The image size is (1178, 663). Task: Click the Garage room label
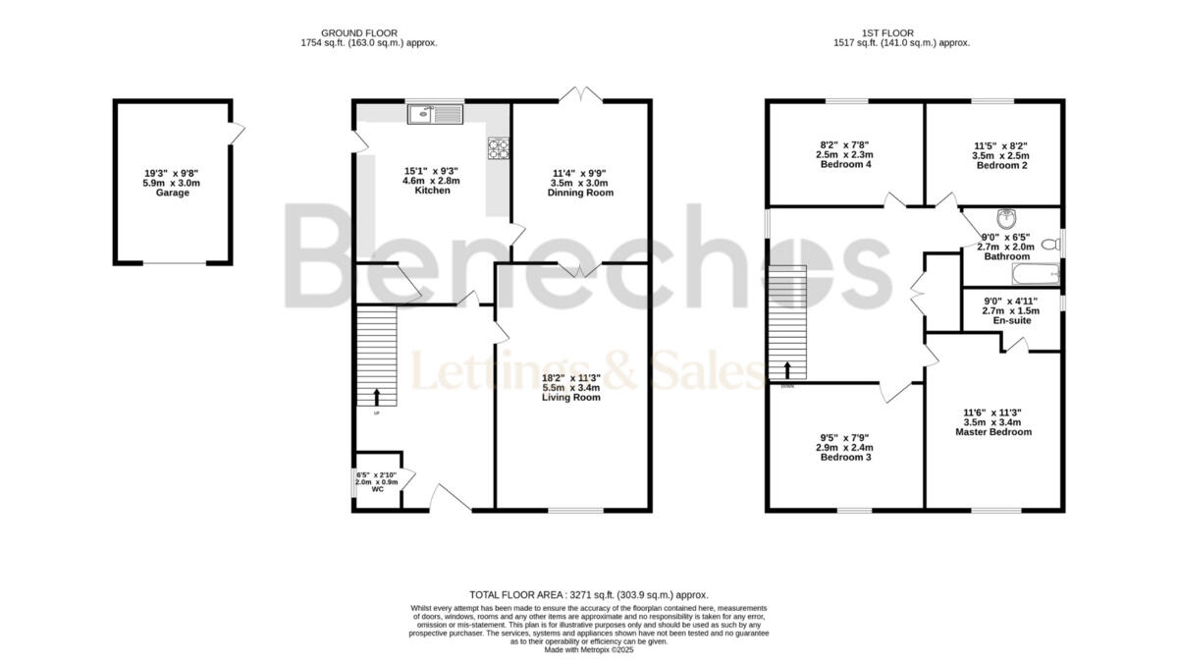point(173,193)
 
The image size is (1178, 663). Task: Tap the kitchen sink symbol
point(433,115)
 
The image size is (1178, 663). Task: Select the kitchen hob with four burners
point(499,148)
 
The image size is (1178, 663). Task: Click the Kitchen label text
point(432,191)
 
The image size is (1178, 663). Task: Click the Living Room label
point(570,398)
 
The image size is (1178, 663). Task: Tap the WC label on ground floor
point(377,489)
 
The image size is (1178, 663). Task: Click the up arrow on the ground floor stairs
point(376,397)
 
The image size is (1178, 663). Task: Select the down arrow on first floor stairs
point(787,370)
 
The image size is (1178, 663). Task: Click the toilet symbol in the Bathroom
point(1049,244)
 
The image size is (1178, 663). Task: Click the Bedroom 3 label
point(845,457)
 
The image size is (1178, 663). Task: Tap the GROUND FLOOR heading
point(369,33)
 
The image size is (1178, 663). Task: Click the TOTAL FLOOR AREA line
point(589,595)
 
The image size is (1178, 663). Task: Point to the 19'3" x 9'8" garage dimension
point(173,174)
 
